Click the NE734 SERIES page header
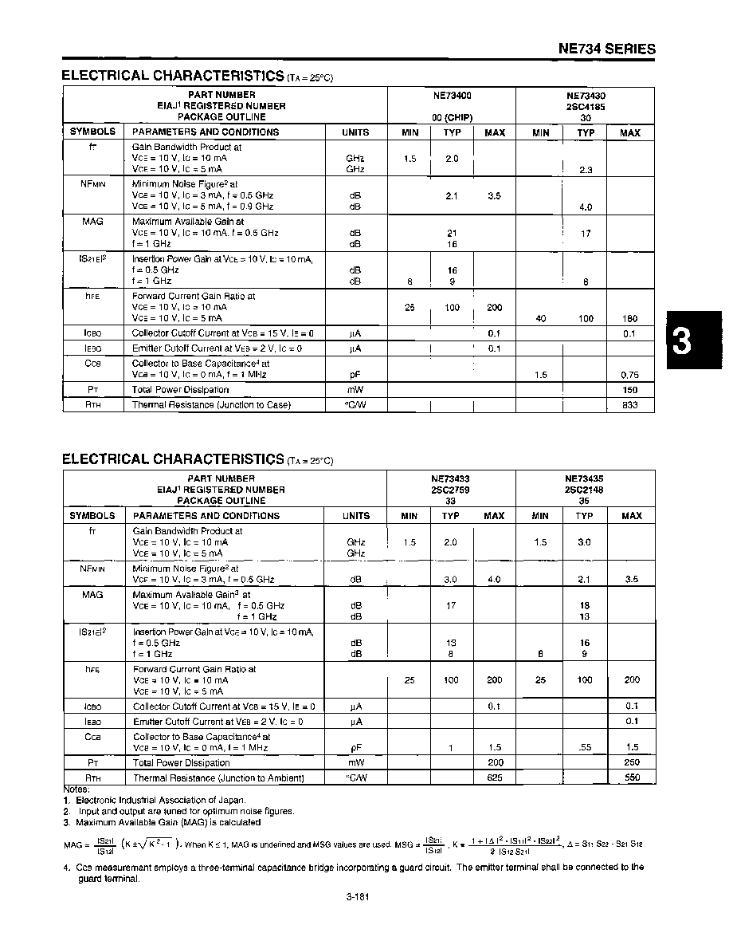(607, 49)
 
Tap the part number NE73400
(452, 95)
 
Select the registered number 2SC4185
(586, 106)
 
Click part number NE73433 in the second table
(451, 478)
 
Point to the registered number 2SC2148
(586, 490)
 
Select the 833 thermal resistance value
(629, 405)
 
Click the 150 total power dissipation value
(629, 390)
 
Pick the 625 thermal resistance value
(494, 777)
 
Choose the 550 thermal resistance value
(632, 777)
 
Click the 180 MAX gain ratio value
(629, 318)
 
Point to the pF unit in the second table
(355, 748)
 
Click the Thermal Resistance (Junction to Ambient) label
(218, 777)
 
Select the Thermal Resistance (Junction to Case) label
(211, 405)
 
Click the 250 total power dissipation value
(632, 762)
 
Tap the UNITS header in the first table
(355, 132)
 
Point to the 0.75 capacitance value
(629, 374)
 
